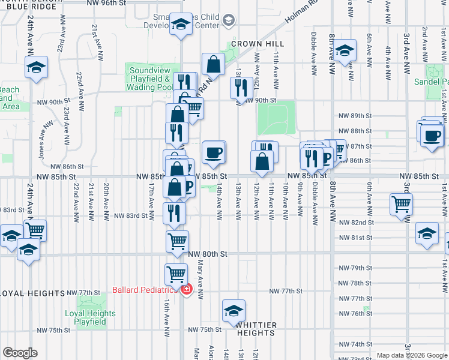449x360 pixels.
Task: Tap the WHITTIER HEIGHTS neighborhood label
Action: [x=256, y=329]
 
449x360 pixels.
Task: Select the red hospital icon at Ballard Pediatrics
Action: [x=187, y=290]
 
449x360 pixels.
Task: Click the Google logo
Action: [x=20, y=353]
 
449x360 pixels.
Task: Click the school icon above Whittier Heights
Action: [x=234, y=310]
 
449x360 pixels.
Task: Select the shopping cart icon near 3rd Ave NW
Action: [x=402, y=203]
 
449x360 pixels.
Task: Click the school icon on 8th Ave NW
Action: [x=345, y=50]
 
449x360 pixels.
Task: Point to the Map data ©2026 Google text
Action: [x=411, y=355]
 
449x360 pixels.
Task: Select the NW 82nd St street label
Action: [x=356, y=222]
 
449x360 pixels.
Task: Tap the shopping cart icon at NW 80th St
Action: [x=177, y=241]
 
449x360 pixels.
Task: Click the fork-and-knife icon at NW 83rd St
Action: [x=173, y=212]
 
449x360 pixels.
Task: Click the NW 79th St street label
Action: [x=356, y=268]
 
